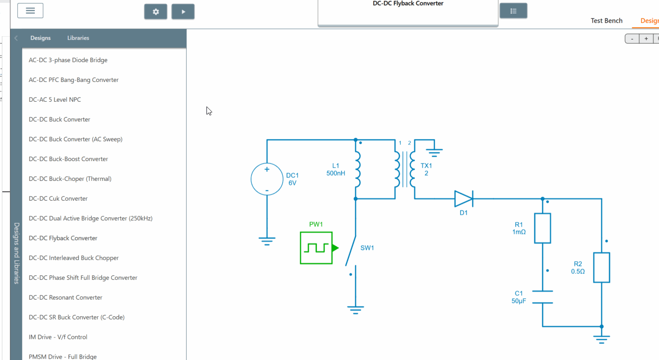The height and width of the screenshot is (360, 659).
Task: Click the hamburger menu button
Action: coord(30,10)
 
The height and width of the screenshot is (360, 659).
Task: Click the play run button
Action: coord(183,12)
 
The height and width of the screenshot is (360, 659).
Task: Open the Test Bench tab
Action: coord(606,21)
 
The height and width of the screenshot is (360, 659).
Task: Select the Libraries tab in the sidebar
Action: coord(78,38)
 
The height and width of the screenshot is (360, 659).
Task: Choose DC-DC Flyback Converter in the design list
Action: coord(63,238)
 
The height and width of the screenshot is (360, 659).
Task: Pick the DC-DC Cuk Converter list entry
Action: coord(58,198)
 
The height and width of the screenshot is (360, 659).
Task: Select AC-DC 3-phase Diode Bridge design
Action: coord(68,60)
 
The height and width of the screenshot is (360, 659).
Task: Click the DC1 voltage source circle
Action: coord(267,179)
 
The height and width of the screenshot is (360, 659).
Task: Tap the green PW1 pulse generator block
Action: coord(317,248)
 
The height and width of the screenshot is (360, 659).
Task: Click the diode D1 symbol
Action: coord(463,199)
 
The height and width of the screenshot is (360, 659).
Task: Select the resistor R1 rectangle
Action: coord(543,228)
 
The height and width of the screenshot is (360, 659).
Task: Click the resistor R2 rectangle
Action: coord(601,268)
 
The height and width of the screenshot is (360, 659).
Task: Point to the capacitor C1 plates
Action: coord(543,297)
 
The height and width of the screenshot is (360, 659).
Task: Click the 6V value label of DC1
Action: coord(292,183)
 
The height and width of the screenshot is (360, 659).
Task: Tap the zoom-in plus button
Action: coord(646,39)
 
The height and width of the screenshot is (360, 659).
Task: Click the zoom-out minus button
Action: coord(632,39)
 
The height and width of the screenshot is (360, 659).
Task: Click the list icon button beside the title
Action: coord(513,11)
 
